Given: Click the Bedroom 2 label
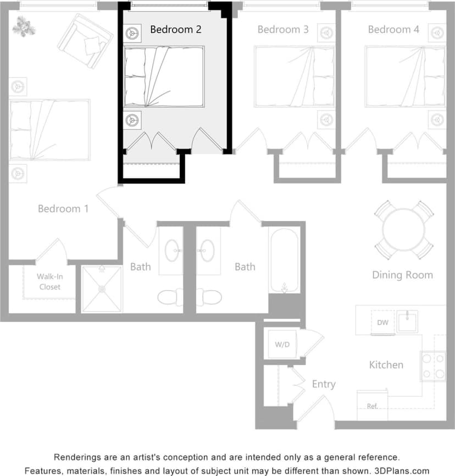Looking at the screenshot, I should pos(175,29).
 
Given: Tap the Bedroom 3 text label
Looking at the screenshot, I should pos(282,29).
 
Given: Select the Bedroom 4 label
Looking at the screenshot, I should pos(393,29).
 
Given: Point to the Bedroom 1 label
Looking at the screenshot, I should pos(63,209).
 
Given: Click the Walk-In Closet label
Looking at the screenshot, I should pos(49,281).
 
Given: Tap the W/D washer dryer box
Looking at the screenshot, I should pos(282,345).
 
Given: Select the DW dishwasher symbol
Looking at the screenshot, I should pos(382,323).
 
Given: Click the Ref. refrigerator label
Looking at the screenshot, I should pos(372,406).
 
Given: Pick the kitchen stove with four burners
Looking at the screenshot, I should pos(433,366).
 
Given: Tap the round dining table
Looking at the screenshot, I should pos(404,230).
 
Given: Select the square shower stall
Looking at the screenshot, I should pos(102,289).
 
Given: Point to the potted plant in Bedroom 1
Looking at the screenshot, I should pos(24,25).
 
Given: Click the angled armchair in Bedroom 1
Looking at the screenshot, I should pos(86,41).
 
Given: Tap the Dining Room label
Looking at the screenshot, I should pos(402,275).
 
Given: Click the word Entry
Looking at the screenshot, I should pos(323,384).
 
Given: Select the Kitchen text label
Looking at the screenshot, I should pos(386,365).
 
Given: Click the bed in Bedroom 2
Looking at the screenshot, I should pos(164,76).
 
